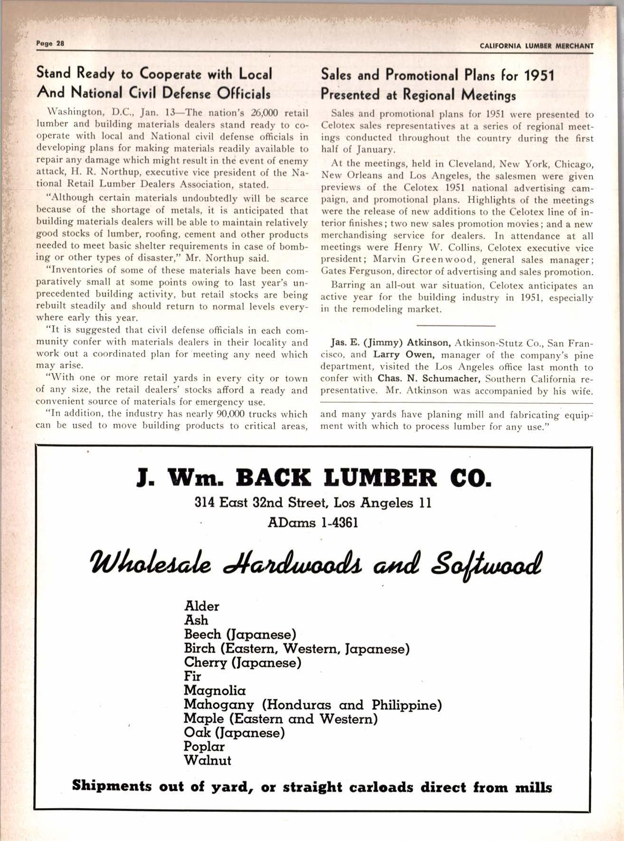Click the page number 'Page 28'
tap(50, 43)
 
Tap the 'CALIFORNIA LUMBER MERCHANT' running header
tap(537, 46)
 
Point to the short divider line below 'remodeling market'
tap(455, 325)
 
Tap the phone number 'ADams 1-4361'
tap(312, 523)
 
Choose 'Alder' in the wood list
tap(201, 606)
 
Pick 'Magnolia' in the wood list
tap(215, 690)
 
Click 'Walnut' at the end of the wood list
tap(208, 760)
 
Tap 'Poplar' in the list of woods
tap(204, 746)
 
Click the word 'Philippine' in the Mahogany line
tap(407, 705)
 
